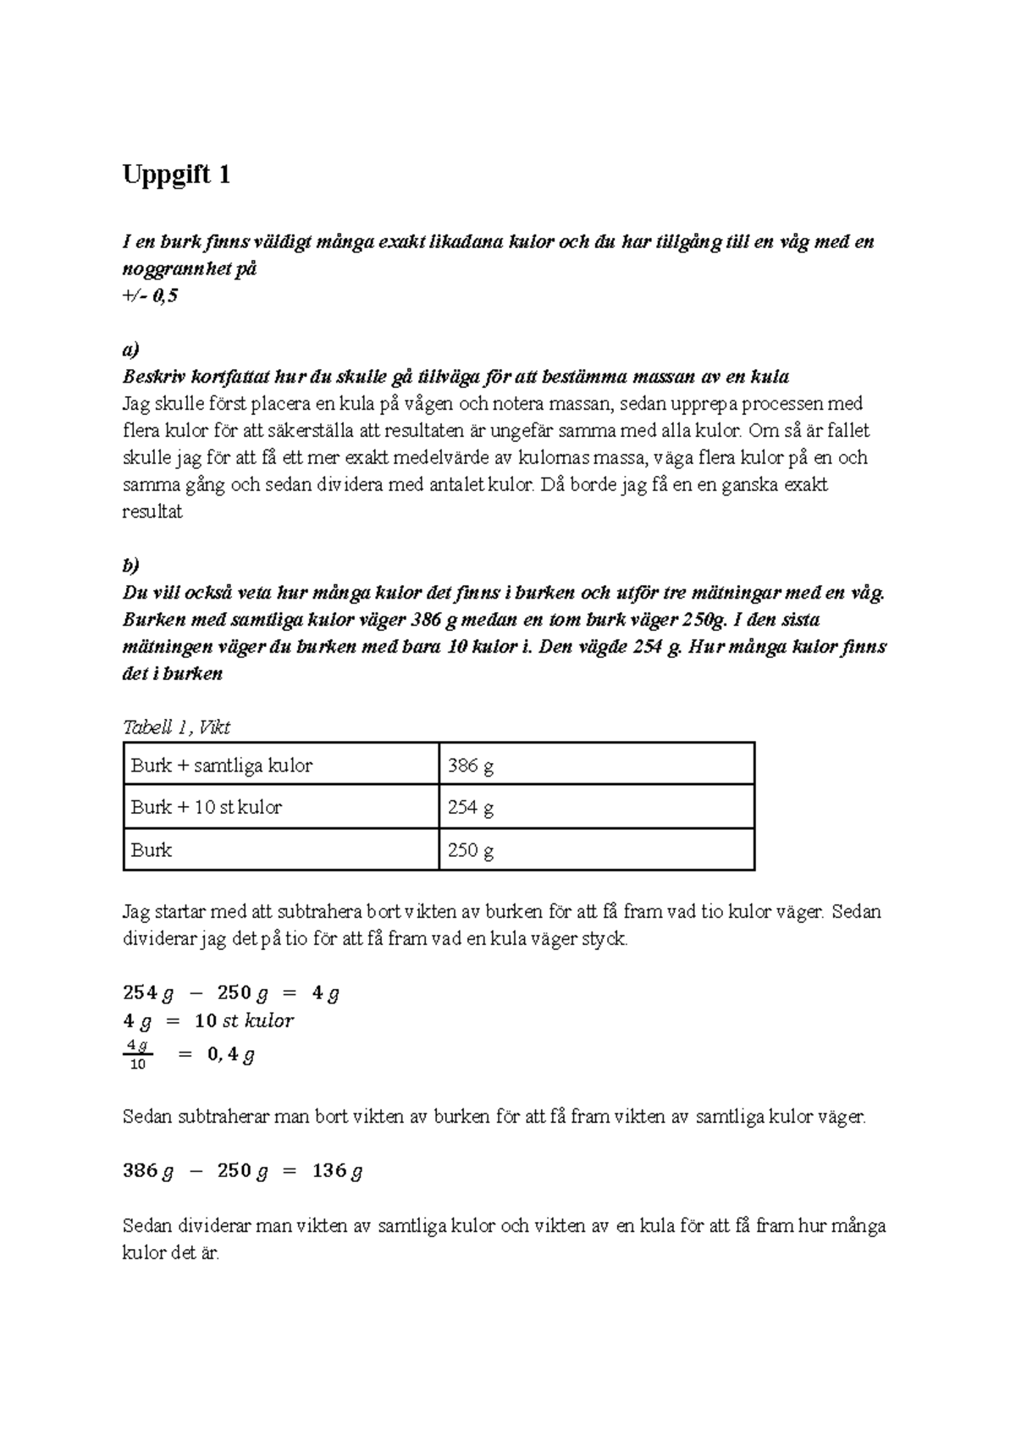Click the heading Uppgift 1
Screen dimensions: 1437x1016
click(x=176, y=175)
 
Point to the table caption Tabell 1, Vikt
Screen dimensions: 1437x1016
click(x=176, y=727)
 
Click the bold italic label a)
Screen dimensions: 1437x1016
click(x=130, y=350)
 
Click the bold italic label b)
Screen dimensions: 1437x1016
click(x=130, y=566)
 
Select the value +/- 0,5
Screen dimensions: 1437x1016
click(x=151, y=296)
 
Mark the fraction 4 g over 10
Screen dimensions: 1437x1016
click(x=137, y=1055)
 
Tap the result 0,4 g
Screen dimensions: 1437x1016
click(x=230, y=1055)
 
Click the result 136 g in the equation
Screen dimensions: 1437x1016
click(x=337, y=1171)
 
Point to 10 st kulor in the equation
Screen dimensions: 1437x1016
click(x=244, y=1020)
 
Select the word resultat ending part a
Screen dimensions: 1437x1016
click(x=152, y=512)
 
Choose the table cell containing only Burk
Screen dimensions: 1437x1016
click(x=152, y=850)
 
